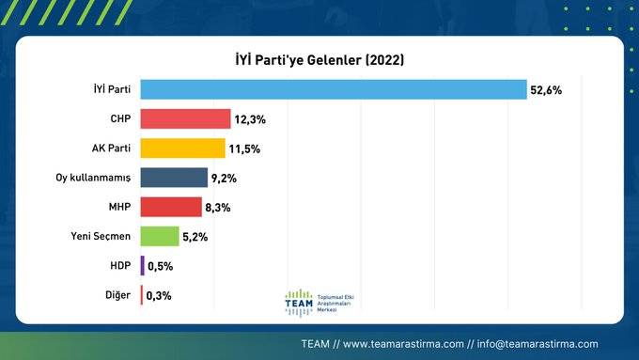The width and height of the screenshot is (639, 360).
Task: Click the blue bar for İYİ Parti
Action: [333, 89]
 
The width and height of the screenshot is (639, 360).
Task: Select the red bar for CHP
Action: [185, 118]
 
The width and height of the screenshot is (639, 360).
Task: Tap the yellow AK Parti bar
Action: [183, 149]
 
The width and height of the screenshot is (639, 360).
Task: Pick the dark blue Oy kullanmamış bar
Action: [174, 178]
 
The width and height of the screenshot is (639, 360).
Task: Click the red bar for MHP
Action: [171, 207]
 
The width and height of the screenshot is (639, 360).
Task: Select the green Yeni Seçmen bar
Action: [159, 236]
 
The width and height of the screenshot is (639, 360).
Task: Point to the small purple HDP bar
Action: [142, 266]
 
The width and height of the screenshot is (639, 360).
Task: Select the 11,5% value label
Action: [246, 149]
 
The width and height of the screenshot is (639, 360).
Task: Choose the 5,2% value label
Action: [195, 237]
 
